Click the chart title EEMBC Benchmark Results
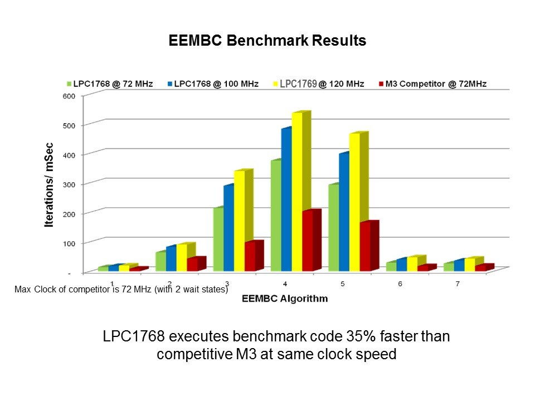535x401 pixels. pos(267,41)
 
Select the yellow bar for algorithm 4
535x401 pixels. pos(298,192)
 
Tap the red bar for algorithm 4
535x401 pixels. pos(308,241)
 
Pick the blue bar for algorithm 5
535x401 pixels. pos(344,212)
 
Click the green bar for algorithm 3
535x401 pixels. pos(218,239)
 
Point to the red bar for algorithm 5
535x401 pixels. pos(365,247)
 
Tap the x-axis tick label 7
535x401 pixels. pos(458,283)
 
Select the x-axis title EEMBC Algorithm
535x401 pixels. pos(285,299)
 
